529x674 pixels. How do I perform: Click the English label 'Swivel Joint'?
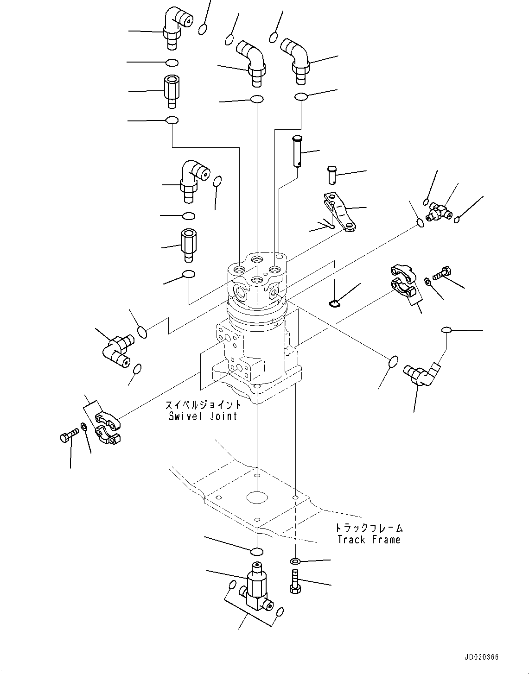pos(203,416)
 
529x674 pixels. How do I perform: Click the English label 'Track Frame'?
pos(369,540)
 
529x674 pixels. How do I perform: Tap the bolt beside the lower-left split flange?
pos(68,436)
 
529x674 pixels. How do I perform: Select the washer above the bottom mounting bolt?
pos(295,562)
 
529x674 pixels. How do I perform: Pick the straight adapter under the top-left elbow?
pos(172,90)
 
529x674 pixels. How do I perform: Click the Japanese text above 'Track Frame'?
pos(370,528)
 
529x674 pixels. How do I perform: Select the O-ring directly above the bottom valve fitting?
pos(256,551)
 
